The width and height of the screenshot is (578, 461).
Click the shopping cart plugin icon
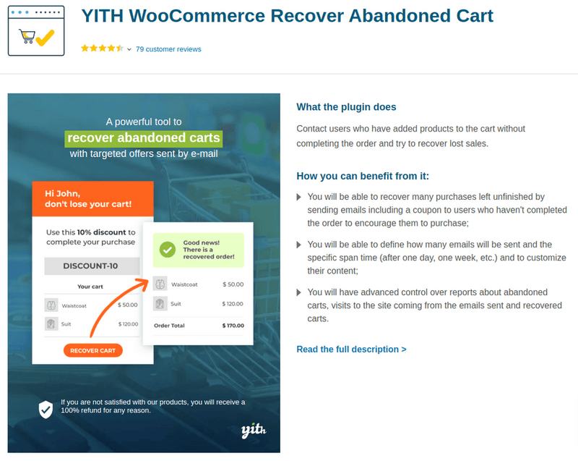(x=36, y=31)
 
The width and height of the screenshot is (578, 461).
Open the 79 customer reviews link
(x=168, y=49)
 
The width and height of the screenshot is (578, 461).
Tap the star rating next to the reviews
(x=102, y=48)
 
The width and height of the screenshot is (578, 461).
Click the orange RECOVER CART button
(x=93, y=350)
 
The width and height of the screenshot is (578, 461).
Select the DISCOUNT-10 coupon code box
(x=90, y=266)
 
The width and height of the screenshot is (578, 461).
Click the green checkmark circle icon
(x=167, y=250)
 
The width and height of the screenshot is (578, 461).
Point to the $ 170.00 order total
(x=233, y=326)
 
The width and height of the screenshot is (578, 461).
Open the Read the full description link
(x=351, y=350)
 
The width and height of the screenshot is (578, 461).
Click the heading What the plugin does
(x=346, y=107)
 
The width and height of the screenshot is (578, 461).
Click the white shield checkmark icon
(x=46, y=409)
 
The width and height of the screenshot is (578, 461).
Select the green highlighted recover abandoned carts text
(x=143, y=138)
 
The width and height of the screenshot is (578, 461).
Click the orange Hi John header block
(x=93, y=198)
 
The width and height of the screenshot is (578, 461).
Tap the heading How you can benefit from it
(x=368, y=176)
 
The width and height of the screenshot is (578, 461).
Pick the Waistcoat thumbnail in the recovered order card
(x=160, y=284)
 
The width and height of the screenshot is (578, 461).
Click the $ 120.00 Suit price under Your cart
(x=128, y=324)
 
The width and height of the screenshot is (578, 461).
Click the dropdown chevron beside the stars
(x=129, y=49)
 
